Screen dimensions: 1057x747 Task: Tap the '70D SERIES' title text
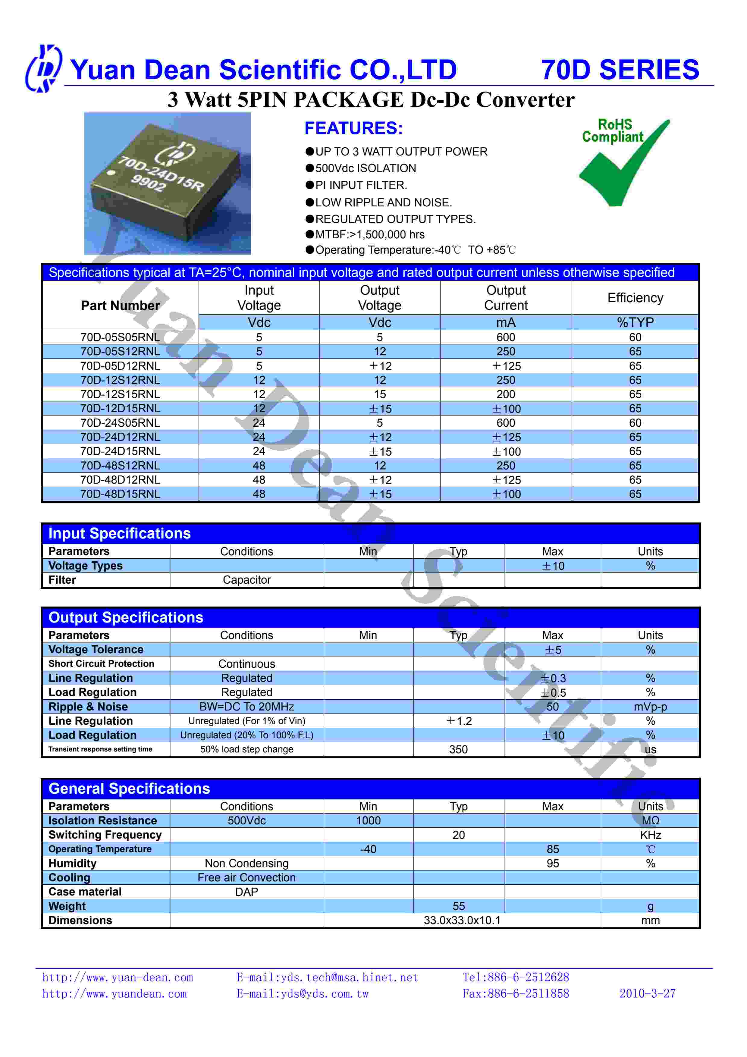pyautogui.click(x=620, y=70)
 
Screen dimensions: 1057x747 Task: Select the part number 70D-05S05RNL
pyautogui.click(x=120, y=337)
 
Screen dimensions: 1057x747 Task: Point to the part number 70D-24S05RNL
pyautogui.click(x=120, y=423)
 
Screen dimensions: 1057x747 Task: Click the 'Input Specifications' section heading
pyautogui.click(x=119, y=534)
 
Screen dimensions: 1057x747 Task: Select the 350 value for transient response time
pyautogui.click(x=458, y=749)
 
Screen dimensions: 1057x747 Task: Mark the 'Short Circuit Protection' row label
pyautogui.click(x=101, y=664)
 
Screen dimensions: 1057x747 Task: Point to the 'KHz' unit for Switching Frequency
pyautogui.click(x=650, y=835)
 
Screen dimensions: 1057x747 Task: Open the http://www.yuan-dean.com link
pyautogui.click(x=117, y=977)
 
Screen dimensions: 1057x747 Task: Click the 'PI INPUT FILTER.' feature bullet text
pyautogui.click(x=361, y=185)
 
